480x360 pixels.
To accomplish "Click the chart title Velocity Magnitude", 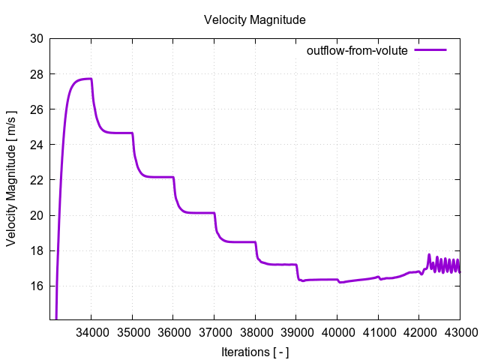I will pyautogui.click(x=254, y=19).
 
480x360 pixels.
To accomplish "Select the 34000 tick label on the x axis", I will pyautogui.click(x=91, y=331).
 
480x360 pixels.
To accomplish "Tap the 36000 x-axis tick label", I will pyautogui.click(x=173, y=331).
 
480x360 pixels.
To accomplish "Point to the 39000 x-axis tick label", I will pyautogui.click(x=295, y=331).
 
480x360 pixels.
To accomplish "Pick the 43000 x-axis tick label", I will pyautogui.click(x=459, y=331).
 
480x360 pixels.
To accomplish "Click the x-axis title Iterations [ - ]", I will pyautogui.click(x=254, y=350).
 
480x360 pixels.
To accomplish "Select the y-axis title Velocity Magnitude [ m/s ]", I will pyautogui.click(x=11, y=180).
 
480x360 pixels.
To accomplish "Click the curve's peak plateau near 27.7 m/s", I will pyautogui.click(x=84, y=79).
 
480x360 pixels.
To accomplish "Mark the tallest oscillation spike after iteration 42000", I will pyautogui.click(x=429, y=255).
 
